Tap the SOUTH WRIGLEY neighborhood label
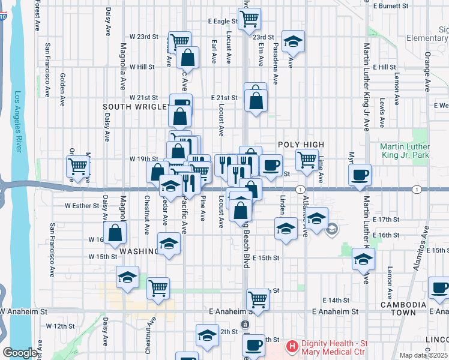(134, 107)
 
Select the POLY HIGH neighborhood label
(301, 145)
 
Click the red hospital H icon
(292, 346)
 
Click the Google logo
(20, 353)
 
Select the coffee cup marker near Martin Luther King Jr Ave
(360, 175)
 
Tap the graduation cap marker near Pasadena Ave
(292, 41)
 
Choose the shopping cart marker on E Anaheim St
(258, 299)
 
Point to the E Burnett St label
(391, 6)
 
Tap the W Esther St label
(82, 205)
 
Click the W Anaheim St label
(24, 311)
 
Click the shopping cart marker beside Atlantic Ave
(307, 160)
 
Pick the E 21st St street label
(224, 97)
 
